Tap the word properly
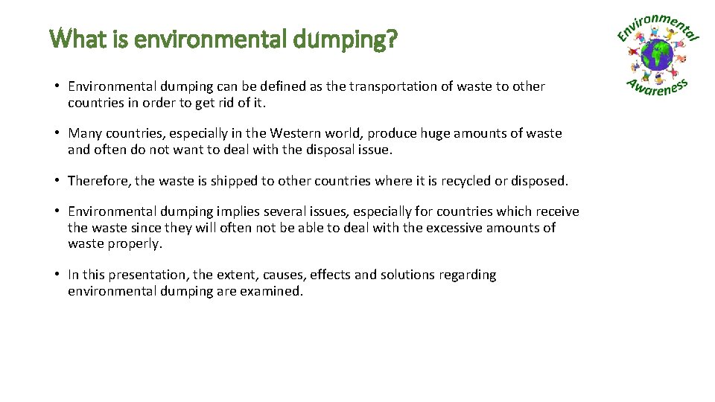pos(136,244)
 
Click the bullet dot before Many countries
pos(57,133)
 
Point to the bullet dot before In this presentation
pos(57,275)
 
